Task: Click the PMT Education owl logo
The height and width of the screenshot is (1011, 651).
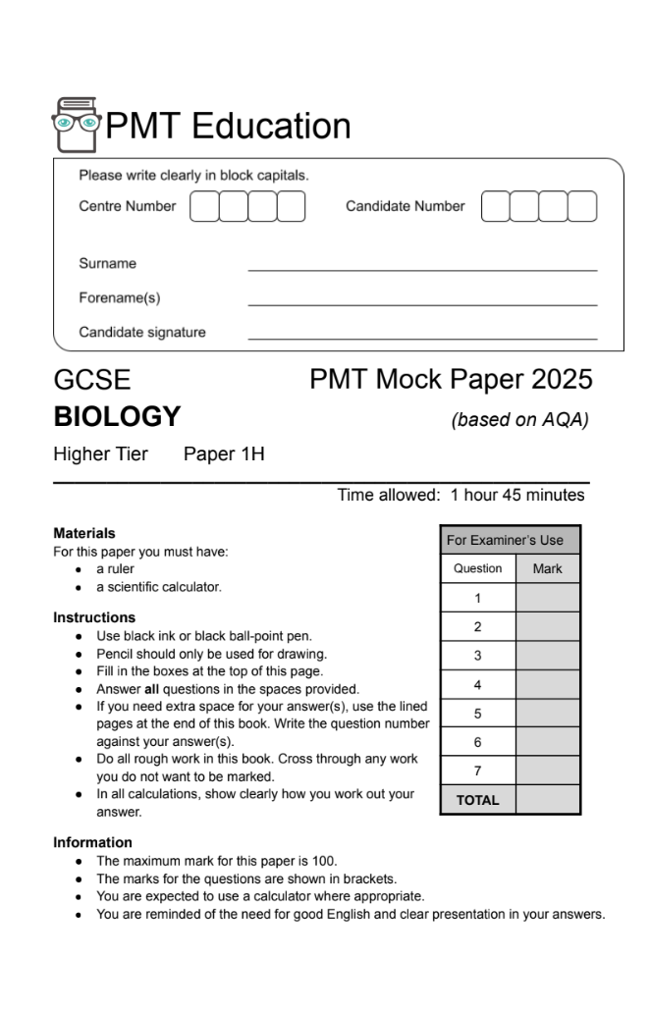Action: pos(77,125)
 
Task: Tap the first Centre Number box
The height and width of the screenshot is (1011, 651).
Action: pos(203,207)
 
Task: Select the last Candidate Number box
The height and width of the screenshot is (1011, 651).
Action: pos(582,207)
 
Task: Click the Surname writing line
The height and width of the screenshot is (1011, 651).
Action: pos(422,269)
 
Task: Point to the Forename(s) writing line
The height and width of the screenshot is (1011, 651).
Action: pos(422,304)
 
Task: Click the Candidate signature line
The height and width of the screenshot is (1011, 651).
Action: pos(422,339)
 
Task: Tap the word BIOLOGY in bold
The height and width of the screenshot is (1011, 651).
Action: pos(117,417)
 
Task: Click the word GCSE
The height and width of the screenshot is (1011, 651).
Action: pos(91,380)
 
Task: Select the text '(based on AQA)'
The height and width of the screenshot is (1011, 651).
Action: pos(519,420)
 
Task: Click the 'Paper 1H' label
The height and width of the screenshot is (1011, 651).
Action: pos(224,454)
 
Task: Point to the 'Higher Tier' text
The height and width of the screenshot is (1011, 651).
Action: pos(100,454)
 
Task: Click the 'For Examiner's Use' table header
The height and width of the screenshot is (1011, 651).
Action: pos(505,540)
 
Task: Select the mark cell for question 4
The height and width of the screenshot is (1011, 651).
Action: pos(547,684)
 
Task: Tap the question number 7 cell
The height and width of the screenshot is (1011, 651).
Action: pos(477,771)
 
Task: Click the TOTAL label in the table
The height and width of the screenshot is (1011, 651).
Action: pos(477,800)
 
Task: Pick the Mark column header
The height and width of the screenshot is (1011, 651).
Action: pos(547,568)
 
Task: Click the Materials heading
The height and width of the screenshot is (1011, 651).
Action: pos(84,534)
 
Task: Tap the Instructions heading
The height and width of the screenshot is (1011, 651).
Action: pos(94,617)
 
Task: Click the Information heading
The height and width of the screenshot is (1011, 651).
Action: pos(92,842)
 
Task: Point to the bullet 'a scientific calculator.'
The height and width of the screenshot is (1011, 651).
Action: pos(158,587)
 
